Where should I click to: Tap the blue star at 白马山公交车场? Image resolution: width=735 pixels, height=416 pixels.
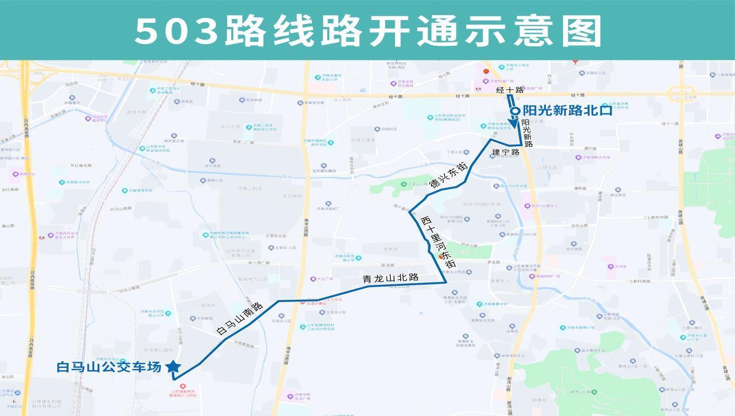[x=174, y=367]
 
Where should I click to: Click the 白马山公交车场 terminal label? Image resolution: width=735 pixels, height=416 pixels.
[x=109, y=367]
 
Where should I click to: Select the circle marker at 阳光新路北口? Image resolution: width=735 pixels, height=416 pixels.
[x=515, y=111]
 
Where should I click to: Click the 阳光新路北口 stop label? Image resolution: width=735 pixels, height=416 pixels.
[x=567, y=111]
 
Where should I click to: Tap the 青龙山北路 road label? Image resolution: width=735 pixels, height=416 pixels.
[x=391, y=278]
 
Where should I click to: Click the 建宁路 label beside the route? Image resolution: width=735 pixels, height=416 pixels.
[x=506, y=152]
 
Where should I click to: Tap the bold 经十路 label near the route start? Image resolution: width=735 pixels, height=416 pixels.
[x=510, y=90]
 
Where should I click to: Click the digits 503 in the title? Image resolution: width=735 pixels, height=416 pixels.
[x=176, y=31]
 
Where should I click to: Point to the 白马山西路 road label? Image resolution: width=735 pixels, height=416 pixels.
[x=121, y=208]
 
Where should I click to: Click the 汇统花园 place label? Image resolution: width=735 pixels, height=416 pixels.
[x=547, y=167]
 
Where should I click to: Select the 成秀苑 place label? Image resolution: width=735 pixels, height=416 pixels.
[x=390, y=249]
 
